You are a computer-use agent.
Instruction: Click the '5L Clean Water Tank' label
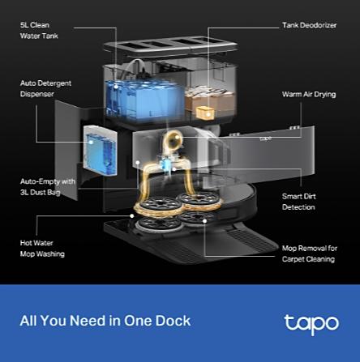[39, 30]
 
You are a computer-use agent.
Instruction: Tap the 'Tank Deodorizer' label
[309, 25]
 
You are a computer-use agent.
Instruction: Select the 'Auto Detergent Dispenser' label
[45, 88]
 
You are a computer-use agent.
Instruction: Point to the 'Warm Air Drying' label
[309, 94]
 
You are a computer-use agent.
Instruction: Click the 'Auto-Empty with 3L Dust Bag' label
[48, 187]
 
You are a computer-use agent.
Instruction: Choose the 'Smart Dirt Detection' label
[298, 202]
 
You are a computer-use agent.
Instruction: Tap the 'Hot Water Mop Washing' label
[42, 249]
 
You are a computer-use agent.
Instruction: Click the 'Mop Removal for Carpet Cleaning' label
[310, 253]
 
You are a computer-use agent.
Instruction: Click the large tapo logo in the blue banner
[311, 324]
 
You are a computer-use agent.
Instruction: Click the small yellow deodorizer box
[205, 113]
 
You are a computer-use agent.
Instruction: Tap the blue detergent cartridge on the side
[101, 151]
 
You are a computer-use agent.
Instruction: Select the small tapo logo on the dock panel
[266, 138]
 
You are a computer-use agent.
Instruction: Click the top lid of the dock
[170, 46]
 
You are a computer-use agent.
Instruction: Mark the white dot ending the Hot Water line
[132, 216]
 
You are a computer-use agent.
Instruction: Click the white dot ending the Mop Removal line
[205, 221]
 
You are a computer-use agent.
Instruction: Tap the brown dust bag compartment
[209, 99]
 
